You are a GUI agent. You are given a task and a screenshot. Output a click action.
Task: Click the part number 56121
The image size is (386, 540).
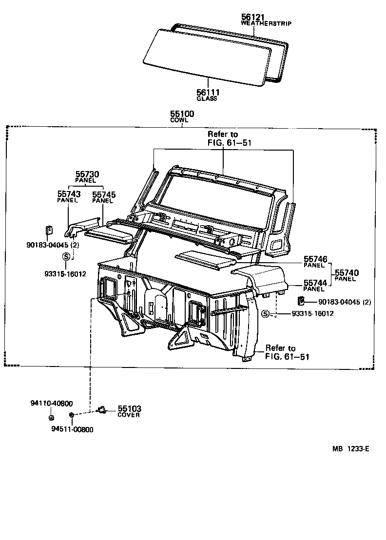coord(252,17)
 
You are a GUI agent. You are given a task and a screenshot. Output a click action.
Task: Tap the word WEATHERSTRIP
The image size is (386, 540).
coord(266,23)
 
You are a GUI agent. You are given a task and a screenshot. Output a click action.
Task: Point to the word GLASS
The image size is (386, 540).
coord(207,98)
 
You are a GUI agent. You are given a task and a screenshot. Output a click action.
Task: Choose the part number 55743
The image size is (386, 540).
coord(69,194)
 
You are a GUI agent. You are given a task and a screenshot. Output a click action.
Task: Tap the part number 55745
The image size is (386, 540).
coord(103,194)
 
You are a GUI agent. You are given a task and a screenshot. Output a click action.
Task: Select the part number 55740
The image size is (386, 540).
coord(347,273)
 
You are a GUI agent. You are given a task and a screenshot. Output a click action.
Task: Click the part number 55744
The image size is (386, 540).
coord(315,283)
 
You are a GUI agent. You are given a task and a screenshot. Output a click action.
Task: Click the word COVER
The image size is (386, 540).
coord(129,415)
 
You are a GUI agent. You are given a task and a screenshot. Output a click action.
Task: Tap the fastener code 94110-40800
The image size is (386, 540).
coord(51,403)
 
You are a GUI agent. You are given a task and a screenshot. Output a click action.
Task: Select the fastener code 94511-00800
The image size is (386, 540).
coord(72,429)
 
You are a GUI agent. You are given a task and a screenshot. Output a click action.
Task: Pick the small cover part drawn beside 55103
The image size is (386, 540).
coord(102,409)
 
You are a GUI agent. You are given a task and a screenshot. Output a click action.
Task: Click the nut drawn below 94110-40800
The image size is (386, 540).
coord(51,417)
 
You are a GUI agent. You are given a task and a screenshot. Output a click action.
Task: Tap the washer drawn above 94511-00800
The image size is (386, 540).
coord(72,415)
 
